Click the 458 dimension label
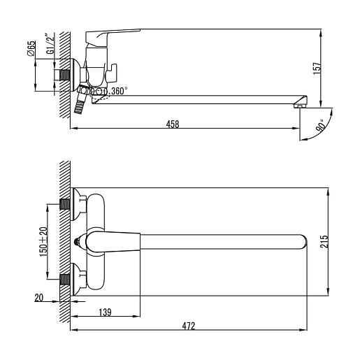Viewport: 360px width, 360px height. point(173,124)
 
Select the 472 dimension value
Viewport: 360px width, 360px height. point(188,326)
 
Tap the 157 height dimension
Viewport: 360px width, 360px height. point(317,69)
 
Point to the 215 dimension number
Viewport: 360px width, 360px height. point(324,242)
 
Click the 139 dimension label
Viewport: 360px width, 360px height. point(105,312)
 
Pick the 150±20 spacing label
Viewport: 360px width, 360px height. point(43,242)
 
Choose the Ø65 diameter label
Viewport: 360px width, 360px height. point(31,48)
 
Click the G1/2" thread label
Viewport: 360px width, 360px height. point(50,44)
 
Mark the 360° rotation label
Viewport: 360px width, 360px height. point(120,91)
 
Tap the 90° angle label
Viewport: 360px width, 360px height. point(321,126)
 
